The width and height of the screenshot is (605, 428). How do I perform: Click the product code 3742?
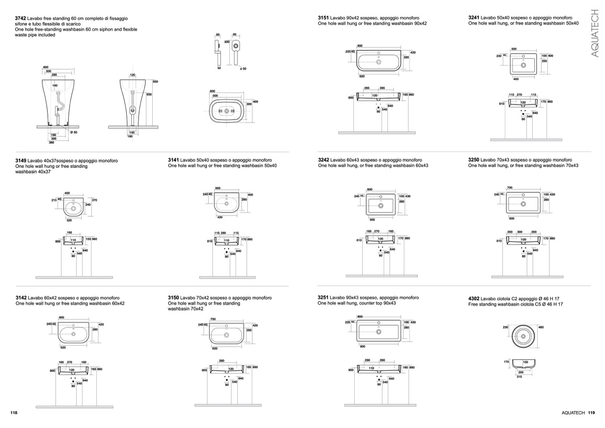pyautogui.click(x=21, y=18)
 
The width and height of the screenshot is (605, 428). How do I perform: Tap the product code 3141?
pyautogui.click(x=173, y=160)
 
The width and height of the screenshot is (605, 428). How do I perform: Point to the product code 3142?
pyautogui.click(x=21, y=298)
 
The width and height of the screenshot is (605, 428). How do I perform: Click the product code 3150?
pyautogui.click(x=173, y=298)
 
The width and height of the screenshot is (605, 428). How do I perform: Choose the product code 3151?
pyautogui.click(x=323, y=18)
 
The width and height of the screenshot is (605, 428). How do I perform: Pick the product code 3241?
pyautogui.click(x=473, y=18)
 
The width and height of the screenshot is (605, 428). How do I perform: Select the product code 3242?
pyautogui.click(x=323, y=160)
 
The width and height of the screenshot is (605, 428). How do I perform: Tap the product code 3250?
pyautogui.click(x=473, y=160)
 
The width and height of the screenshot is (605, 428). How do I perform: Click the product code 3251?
pyautogui.click(x=323, y=297)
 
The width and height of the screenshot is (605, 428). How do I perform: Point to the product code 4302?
pyautogui.click(x=473, y=299)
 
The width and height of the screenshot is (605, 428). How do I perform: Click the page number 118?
pyautogui.click(x=13, y=413)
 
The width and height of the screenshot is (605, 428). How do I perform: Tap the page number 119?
pyautogui.click(x=592, y=413)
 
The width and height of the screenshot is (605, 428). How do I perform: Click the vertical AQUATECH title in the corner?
pyautogui.click(x=594, y=33)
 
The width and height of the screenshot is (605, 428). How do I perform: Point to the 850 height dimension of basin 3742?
pyautogui.click(x=155, y=82)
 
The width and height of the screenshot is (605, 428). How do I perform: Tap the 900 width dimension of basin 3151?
pyautogui.click(x=360, y=46)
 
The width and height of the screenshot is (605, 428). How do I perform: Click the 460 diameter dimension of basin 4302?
pyautogui.click(x=541, y=328)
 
